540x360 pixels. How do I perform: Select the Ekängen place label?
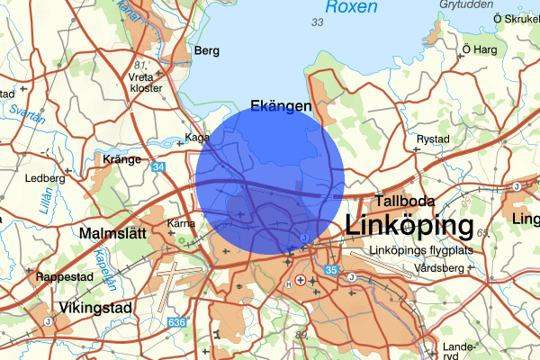pos(281,106)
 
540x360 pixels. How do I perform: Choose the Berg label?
pos(206,51)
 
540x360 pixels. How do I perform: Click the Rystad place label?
pos(432,139)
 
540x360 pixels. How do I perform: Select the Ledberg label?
pos(48,178)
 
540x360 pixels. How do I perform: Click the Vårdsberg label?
pos(439,268)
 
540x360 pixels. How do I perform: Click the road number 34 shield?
pos(158,167)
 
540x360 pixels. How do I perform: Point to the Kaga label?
pos(196,138)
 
